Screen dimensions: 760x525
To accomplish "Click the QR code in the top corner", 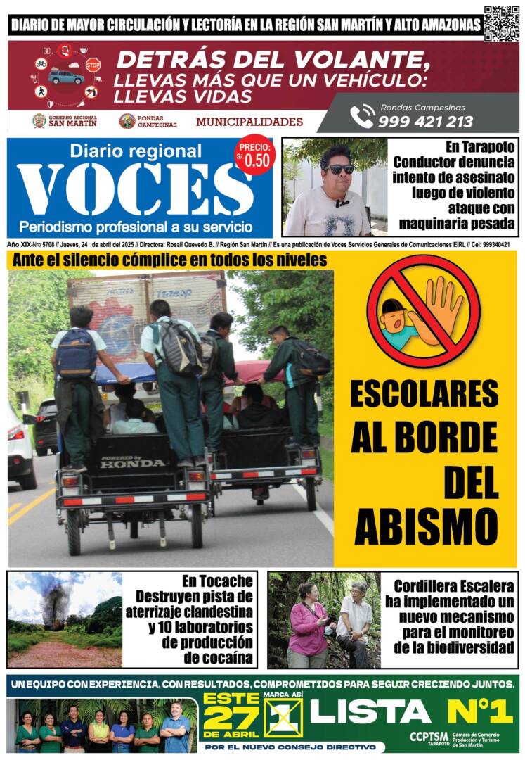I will [502, 23].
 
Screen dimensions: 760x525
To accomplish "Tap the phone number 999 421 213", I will [425, 121].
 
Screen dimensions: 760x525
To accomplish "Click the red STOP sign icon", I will [93, 64].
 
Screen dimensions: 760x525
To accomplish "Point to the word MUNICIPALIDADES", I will [249, 122].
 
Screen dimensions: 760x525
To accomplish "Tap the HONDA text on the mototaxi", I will [133, 463].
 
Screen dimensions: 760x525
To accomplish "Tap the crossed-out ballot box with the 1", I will [283, 717].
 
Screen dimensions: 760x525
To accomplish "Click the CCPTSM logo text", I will [427, 735].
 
